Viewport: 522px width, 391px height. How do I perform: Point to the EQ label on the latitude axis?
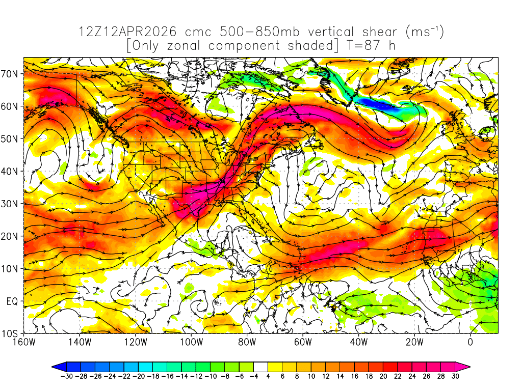pyautogui.click(x=11, y=301)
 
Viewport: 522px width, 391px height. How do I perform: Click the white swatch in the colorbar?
pyautogui.click(x=260, y=366)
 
